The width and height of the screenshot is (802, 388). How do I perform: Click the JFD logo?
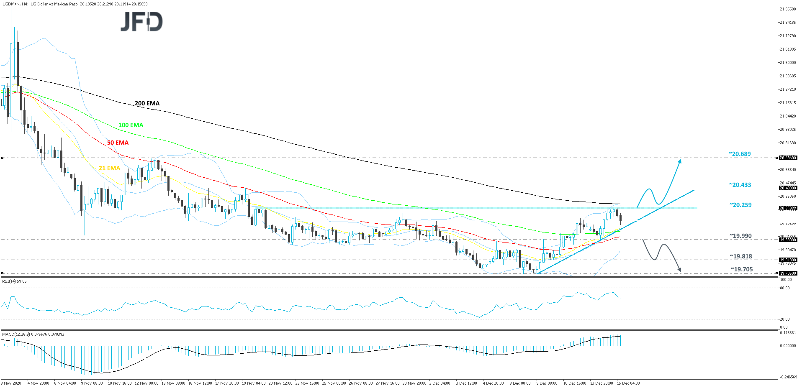tap(141, 22)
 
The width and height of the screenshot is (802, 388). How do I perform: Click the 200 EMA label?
tap(147, 103)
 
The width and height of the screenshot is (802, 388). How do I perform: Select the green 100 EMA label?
tap(131, 125)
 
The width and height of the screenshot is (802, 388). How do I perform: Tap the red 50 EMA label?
tap(118, 143)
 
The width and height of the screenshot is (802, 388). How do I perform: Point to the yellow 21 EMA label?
tap(109, 168)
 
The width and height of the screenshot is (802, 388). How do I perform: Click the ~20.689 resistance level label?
tap(740, 154)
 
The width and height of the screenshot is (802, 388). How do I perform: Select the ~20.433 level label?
tap(740, 185)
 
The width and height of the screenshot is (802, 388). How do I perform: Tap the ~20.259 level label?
tap(740, 205)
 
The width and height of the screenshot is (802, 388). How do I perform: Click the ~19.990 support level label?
tap(740, 236)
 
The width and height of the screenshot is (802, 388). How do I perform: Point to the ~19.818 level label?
tap(740, 256)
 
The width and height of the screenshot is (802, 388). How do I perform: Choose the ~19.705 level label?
tap(741, 269)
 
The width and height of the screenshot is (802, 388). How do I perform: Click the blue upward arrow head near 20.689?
tap(680, 161)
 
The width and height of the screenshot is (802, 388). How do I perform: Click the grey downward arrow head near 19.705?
tap(679, 270)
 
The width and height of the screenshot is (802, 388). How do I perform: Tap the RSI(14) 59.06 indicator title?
tap(15, 281)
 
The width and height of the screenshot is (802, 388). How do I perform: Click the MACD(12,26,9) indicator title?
tap(33, 334)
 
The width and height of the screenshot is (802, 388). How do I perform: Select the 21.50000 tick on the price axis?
tap(787, 63)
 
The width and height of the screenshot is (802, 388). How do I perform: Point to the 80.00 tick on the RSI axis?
tap(785, 288)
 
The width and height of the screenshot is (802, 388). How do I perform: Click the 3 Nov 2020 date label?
tap(11, 383)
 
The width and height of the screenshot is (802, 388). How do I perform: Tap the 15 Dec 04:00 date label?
tap(629, 383)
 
